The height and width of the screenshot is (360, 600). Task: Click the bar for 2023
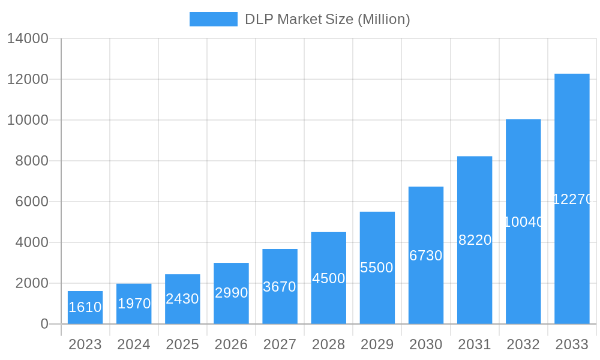click(x=85, y=307)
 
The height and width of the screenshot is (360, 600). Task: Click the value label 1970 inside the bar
click(x=134, y=304)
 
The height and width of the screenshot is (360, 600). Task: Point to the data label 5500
click(x=377, y=268)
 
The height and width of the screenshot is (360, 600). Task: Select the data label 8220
click(x=475, y=240)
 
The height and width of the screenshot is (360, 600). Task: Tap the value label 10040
click(x=523, y=222)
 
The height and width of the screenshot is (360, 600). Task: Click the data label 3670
click(x=280, y=287)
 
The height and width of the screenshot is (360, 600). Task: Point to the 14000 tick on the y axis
click(x=28, y=38)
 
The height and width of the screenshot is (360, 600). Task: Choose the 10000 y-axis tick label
click(x=28, y=120)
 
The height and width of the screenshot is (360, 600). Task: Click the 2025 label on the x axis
click(x=182, y=344)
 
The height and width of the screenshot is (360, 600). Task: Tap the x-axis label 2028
click(x=328, y=344)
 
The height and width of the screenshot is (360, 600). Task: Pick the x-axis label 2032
click(x=523, y=344)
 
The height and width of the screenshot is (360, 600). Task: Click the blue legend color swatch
click(x=213, y=19)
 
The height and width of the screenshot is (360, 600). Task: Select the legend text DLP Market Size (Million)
click(x=327, y=19)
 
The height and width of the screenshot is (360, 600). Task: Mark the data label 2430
click(x=182, y=299)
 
